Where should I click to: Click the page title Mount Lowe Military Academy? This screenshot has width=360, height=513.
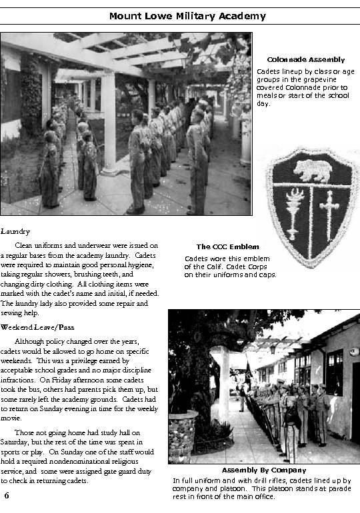point(178,16)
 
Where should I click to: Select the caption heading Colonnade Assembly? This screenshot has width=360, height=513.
point(306,60)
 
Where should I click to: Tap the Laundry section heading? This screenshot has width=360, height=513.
point(15,231)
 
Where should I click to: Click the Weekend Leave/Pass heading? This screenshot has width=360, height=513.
point(37,327)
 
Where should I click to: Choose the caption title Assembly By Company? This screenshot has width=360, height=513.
point(264,470)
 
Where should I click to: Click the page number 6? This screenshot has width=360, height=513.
point(6,496)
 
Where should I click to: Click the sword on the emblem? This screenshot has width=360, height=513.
point(329,215)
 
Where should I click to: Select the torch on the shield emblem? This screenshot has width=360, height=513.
point(294,213)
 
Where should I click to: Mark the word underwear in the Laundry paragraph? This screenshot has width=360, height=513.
point(94,245)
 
